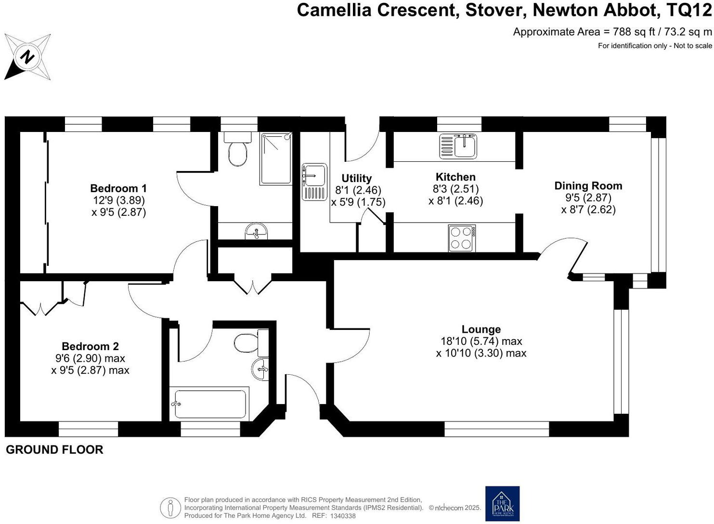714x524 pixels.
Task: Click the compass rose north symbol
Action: [27, 57]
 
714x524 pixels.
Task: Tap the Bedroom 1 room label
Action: [118, 188]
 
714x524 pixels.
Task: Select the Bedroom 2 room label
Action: [90, 346]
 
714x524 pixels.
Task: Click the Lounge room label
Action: [481, 329]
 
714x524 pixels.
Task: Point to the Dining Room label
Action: [588, 186]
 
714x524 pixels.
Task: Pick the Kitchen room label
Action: [455, 177]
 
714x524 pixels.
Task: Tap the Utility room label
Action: [356, 179]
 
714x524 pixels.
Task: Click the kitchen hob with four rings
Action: [462, 238]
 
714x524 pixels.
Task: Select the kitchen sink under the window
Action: [458, 146]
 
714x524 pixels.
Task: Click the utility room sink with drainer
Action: [314, 182]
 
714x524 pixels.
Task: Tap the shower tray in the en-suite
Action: [276, 158]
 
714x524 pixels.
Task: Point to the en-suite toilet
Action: [237, 150]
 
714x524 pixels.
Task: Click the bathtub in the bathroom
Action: [210, 404]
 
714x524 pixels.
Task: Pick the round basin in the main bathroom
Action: [260, 369]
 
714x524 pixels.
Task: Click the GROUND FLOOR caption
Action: [54, 450]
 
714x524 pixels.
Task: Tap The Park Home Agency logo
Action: [502, 504]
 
